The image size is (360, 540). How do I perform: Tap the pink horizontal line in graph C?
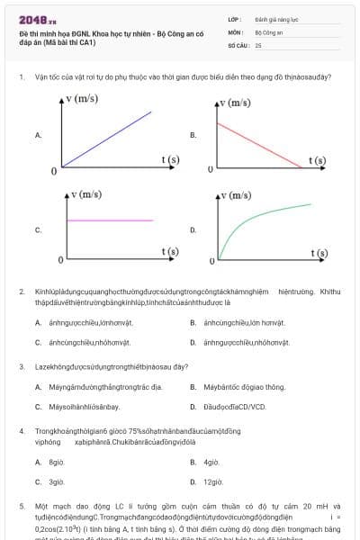pyautogui.click(x=108, y=220)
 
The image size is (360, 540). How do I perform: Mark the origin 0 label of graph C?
pyautogui.click(x=60, y=260)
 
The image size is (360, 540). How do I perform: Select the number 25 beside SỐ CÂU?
pyautogui.click(x=258, y=44)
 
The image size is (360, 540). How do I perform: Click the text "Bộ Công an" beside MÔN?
pyautogui.click(x=268, y=31)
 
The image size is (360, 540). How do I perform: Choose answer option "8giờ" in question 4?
pyautogui.click(x=57, y=462)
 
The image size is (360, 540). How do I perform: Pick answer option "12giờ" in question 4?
pyautogui.click(x=213, y=481)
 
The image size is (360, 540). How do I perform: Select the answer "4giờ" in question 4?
pyautogui.click(x=211, y=462)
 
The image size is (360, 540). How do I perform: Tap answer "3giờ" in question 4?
pyautogui.click(x=57, y=481)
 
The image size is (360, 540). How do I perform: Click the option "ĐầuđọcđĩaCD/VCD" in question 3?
pyautogui.click(x=235, y=406)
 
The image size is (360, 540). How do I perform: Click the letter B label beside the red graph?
pyautogui.click(x=193, y=135)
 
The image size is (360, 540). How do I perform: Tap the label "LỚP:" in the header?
pyautogui.click(x=235, y=18)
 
